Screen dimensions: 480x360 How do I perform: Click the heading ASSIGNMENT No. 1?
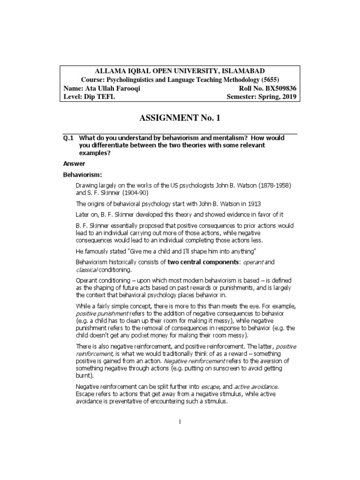tap(180, 118)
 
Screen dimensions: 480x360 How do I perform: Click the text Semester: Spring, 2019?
tap(261, 97)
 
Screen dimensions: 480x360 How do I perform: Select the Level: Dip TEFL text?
tap(89, 97)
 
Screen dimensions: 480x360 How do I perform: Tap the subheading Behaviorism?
tap(82, 175)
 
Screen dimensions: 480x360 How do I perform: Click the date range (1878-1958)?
tap(271, 185)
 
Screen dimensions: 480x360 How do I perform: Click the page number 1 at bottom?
tap(180, 422)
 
